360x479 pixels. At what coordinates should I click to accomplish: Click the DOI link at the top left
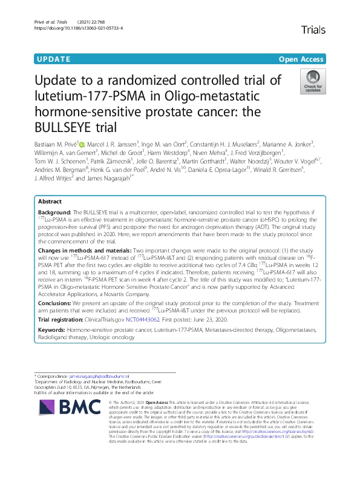79,28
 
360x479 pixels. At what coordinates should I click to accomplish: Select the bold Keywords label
52,330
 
